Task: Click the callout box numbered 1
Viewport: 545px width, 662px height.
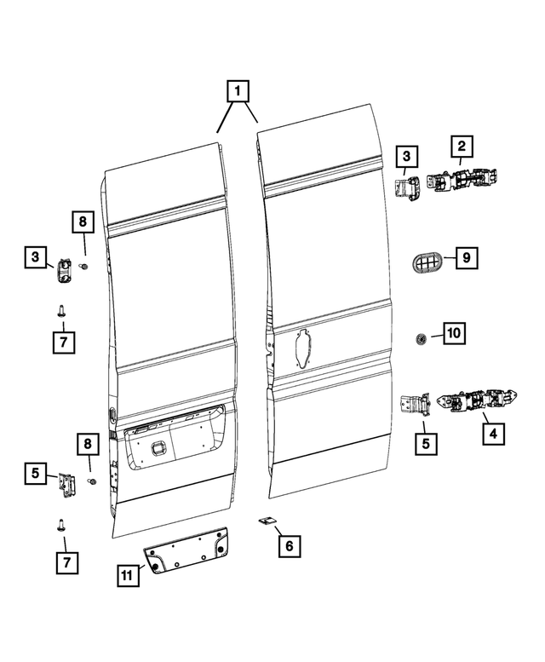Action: [x=238, y=89]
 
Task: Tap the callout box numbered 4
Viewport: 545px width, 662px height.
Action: [x=492, y=432]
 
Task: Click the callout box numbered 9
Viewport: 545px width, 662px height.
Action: [x=467, y=256]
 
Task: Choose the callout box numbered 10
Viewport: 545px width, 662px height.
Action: [x=454, y=333]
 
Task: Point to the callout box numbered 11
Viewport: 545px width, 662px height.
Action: [x=127, y=577]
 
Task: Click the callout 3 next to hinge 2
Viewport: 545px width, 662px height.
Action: [x=406, y=156]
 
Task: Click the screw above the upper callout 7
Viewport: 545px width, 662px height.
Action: [x=63, y=311]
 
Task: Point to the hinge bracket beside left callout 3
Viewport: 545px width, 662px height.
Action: [x=65, y=270]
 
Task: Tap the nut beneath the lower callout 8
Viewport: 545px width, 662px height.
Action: [x=93, y=482]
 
